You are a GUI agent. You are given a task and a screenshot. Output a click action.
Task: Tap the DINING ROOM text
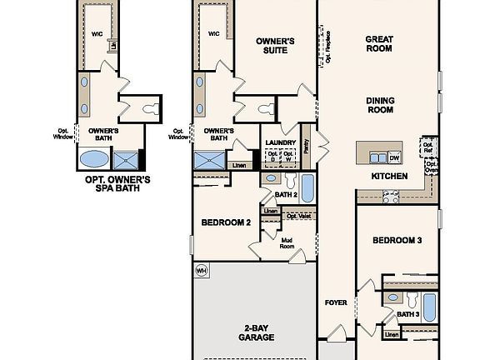pos(380,106)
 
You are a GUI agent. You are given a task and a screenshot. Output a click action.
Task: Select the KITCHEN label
pos(389,177)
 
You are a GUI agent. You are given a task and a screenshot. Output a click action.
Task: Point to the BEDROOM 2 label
pos(226,222)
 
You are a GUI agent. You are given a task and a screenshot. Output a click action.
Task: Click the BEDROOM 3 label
pos(397,240)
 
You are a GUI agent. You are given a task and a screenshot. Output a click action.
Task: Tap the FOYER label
pos(335,302)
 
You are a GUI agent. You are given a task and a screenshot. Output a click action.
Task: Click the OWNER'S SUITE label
pos(275,47)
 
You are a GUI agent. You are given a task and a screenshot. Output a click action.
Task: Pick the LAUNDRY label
pos(281,142)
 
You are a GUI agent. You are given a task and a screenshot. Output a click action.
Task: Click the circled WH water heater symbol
pos(201,271)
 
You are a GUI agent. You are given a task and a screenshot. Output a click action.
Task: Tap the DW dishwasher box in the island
pos(394,157)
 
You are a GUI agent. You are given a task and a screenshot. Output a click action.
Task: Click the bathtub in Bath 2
pos(307,188)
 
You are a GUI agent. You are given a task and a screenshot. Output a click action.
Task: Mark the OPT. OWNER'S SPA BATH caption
pos(117,183)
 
